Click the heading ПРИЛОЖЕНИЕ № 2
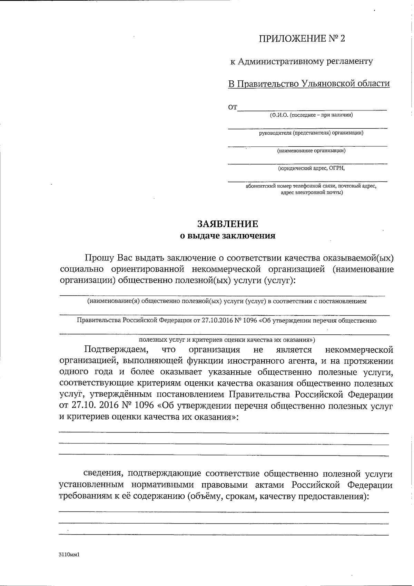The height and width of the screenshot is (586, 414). tap(302, 38)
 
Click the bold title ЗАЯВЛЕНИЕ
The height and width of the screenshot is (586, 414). tap(227, 224)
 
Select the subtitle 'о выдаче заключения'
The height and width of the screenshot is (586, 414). tap(228, 236)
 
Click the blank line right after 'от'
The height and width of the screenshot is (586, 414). tap(312, 108)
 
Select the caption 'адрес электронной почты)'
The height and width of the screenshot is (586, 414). tap(312, 192)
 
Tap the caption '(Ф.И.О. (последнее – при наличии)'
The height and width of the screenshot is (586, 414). tap(311, 115)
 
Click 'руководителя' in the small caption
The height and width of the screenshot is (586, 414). tap(275, 133)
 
